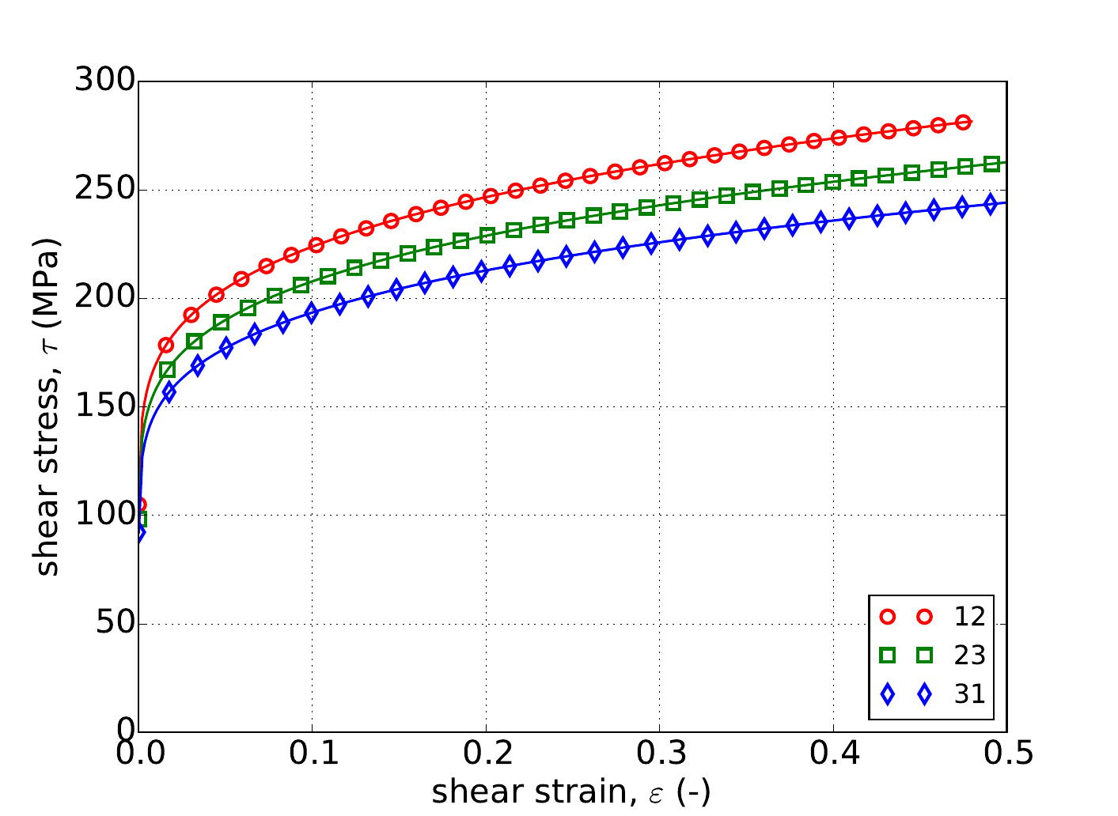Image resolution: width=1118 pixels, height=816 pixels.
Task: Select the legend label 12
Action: click(969, 616)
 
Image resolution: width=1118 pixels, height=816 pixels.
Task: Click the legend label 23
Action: click(969, 655)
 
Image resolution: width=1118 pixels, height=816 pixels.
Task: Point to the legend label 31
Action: click(969, 693)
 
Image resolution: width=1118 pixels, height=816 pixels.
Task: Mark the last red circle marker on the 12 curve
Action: click(963, 123)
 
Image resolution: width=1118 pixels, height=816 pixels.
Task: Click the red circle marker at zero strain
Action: click(139, 504)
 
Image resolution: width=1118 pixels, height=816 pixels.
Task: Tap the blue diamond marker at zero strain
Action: click(139, 533)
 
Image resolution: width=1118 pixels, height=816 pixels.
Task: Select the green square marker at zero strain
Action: click(140, 519)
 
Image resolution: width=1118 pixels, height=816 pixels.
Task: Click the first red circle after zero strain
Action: click(166, 345)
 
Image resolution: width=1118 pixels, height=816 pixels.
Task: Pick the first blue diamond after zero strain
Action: click(169, 392)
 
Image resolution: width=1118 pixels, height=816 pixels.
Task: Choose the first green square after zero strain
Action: click(167, 369)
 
